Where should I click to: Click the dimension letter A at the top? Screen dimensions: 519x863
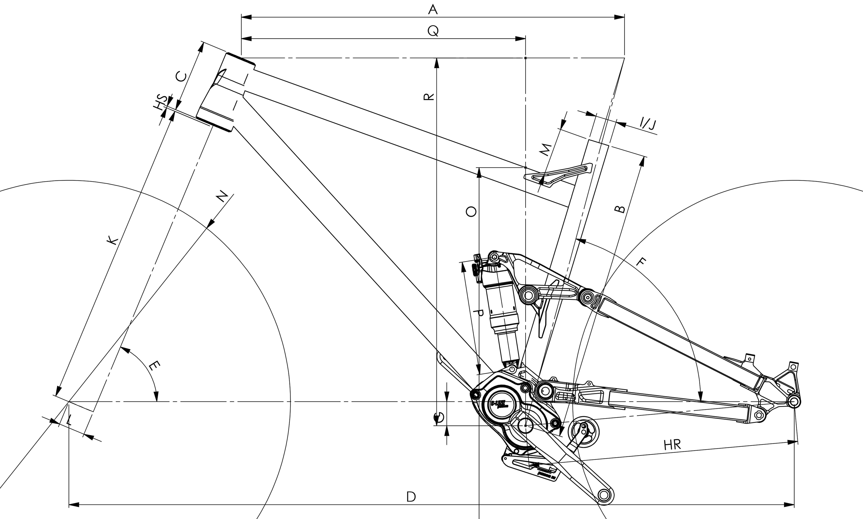[433, 9]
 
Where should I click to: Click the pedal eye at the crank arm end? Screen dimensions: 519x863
[604, 495]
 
